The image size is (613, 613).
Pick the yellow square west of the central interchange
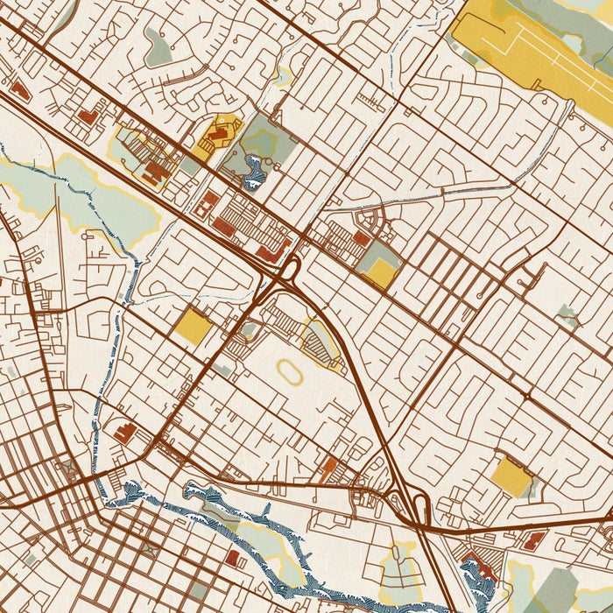coord(192,326)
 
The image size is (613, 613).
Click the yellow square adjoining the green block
coord(382,274)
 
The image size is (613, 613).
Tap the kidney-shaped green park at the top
coord(158,48)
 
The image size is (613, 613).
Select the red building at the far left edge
coord(19,90)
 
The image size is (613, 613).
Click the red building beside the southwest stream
coord(124,433)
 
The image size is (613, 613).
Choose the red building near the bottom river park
coord(232,558)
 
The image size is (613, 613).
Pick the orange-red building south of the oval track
coord(329,469)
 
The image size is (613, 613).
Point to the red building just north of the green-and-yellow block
coord(361,238)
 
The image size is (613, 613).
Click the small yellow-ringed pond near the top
coord(282,76)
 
